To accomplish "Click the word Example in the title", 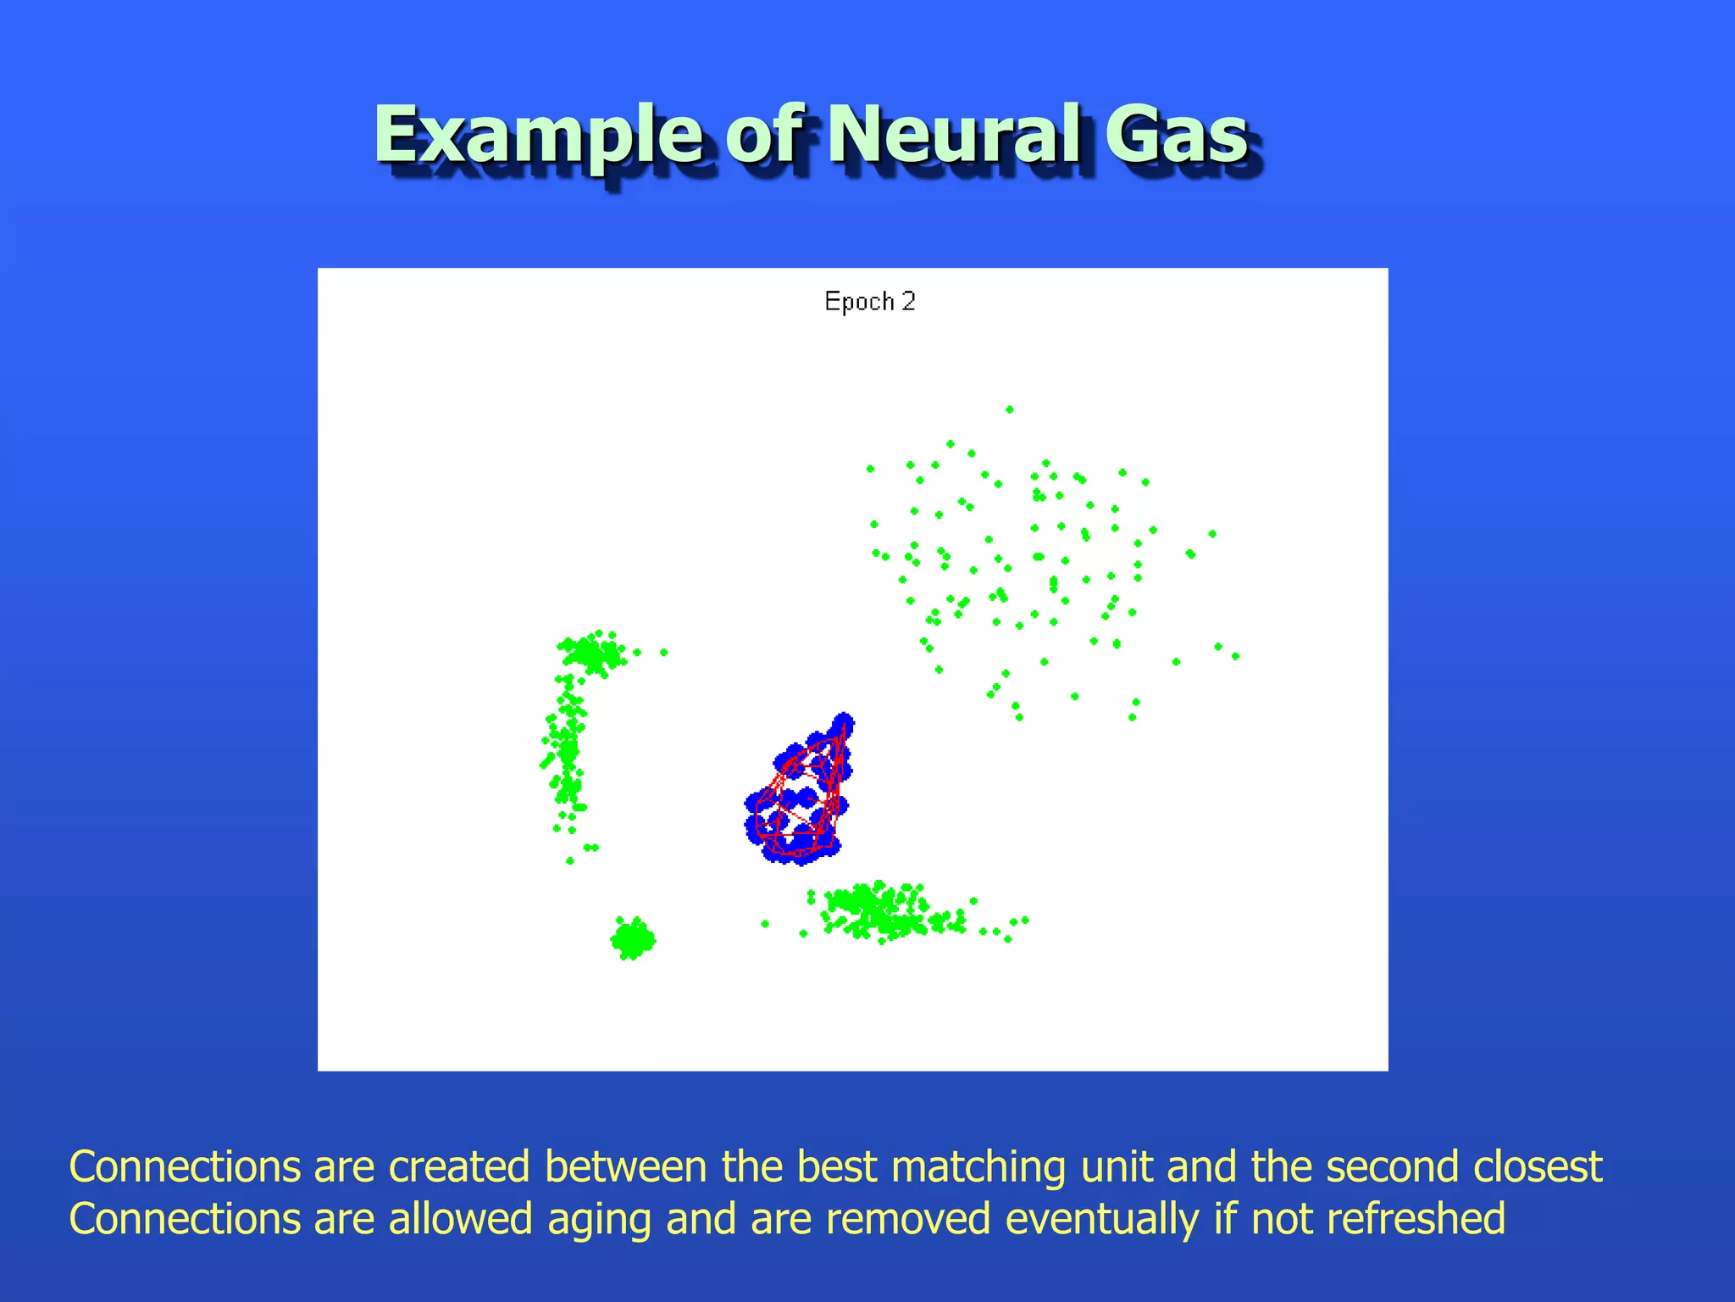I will [x=539, y=136].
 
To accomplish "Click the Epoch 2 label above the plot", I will [x=870, y=302].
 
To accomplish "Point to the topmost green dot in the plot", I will [x=1009, y=409].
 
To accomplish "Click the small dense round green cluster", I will [x=632, y=939].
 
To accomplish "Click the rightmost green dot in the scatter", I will [x=1235, y=656].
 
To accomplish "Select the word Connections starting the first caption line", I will [x=185, y=1167].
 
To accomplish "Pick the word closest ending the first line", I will [x=1537, y=1167].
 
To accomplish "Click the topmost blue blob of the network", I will [x=843, y=723].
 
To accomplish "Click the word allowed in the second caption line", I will [x=461, y=1219].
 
